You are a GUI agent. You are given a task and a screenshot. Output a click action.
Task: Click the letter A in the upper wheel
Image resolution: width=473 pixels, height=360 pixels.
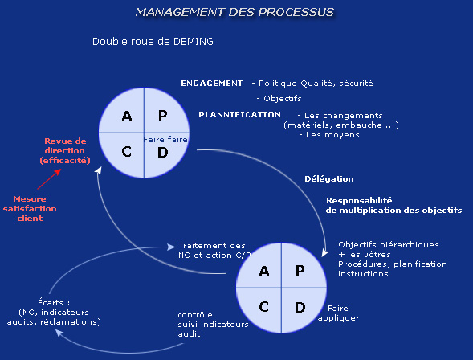pos(127,117)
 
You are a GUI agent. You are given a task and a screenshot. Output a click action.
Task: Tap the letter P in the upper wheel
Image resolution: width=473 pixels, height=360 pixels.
pos(162,115)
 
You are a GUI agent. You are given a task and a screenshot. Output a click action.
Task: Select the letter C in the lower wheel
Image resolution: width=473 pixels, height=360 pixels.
pos(264,307)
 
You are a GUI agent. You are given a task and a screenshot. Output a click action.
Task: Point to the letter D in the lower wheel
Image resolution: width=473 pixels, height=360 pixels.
pos(300,308)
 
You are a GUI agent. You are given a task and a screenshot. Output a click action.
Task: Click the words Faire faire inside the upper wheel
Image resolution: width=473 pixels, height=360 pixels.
pos(165,139)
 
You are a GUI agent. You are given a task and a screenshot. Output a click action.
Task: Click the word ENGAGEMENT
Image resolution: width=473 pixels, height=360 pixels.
pos(211,84)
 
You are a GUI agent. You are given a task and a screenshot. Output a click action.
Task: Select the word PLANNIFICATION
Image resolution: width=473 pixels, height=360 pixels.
pos(239,115)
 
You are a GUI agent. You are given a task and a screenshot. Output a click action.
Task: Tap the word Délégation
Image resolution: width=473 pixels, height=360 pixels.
pos(329,179)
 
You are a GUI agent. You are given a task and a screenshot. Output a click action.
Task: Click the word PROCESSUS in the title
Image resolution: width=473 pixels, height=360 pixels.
pos(296,12)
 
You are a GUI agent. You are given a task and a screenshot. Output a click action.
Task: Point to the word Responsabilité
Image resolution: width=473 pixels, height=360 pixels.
pos(359,200)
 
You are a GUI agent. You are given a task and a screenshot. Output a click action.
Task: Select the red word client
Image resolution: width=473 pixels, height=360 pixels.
pos(30,219)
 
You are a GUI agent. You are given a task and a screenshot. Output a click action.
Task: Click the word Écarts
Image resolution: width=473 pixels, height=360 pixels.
pos(51,302)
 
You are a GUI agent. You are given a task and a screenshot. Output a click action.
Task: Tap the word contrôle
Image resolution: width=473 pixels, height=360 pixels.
pos(195,315)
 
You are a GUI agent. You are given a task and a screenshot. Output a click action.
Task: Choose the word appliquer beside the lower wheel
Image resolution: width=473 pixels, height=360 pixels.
pos(338,318)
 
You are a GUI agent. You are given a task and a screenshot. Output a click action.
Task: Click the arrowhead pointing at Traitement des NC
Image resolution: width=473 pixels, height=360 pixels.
pos(171,247)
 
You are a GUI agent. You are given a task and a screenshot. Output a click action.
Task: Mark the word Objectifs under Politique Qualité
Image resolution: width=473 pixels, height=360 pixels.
pos(283,99)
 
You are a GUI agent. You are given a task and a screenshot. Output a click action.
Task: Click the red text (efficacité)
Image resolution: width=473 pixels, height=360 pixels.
pos(65,160)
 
